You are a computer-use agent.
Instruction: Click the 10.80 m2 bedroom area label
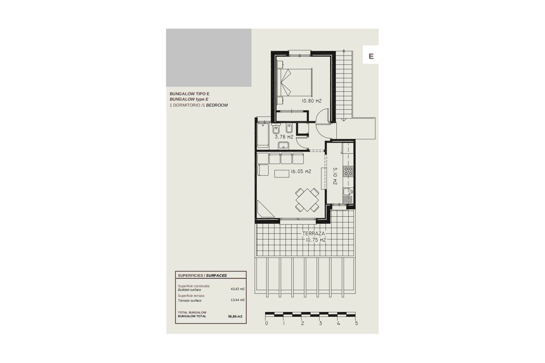(311, 101)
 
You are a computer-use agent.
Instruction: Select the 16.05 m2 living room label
(301, 171)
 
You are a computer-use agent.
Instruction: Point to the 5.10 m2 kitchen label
(335, 176)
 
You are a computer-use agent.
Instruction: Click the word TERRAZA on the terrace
(313, 234)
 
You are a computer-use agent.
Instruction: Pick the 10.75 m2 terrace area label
(315, 240)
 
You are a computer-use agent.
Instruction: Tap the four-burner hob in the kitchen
(348, 171)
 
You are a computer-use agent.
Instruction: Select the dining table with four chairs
(307, 200)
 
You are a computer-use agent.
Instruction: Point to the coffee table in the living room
(282, 173)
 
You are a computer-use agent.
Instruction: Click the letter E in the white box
(371, 56)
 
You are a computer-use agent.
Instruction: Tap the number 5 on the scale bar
(357, 323)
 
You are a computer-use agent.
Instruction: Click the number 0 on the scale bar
(266, 323)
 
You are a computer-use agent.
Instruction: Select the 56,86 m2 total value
(235, 316)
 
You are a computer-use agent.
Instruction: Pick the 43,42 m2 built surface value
(237, 289)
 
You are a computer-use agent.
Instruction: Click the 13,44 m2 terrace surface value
(237, 300)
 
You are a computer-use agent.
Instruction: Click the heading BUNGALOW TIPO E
(189, 94)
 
